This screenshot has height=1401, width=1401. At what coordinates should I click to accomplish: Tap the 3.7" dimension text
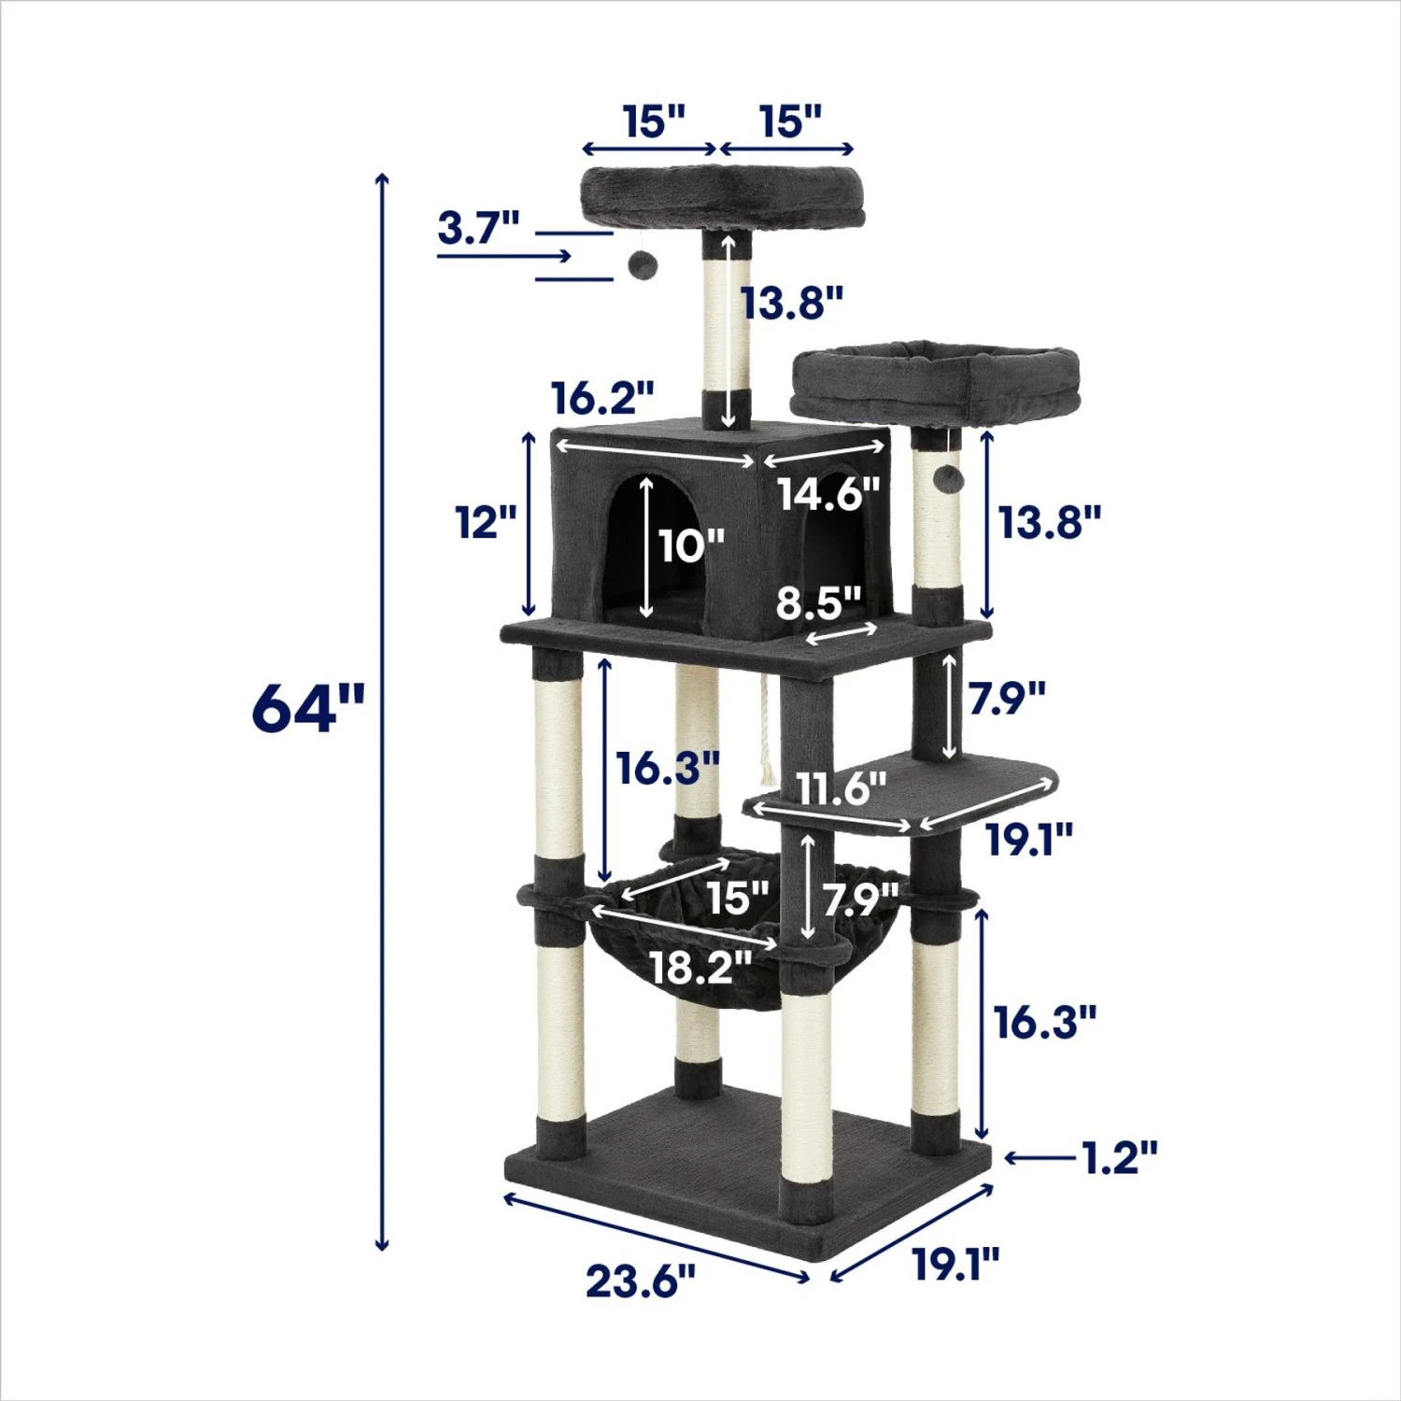pyautogui.click(x=478, y=227)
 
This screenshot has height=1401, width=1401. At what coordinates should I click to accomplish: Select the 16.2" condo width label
pyautogui.click(x=602, y=398)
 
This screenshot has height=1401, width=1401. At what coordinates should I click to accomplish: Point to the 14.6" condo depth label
pyautogui.click(x=828, y=492)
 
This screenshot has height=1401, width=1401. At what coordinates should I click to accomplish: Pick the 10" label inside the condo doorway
pyautogui.click(x=691, y=545)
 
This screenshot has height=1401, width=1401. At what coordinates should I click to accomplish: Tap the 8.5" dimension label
pyautogui.click(x=819, y=603)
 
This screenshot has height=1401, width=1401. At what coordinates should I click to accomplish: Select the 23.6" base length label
pyautogui.click(x=641, y=1281)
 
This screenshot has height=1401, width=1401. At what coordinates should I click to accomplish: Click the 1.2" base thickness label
pyautogui.click(x=1119, y=1157)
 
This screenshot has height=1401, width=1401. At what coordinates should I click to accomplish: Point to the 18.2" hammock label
pyautogui.click(x=700, y=967)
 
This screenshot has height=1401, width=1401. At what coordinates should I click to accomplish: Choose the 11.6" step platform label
pyautogui.click(x=842, y=789)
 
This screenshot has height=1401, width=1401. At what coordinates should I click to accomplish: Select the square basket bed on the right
pyautogui.click(x=934, y=383)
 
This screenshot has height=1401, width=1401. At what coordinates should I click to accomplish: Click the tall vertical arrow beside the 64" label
pyautogui.click(x=381, y=710)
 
